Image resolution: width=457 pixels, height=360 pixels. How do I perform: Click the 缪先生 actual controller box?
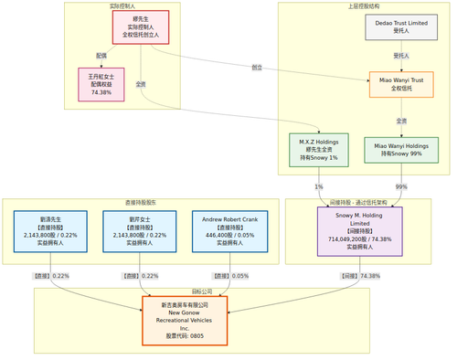(140, 27)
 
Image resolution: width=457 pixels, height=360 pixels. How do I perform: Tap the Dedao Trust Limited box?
(401, 27)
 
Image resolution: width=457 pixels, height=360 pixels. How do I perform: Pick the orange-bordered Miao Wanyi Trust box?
(401, 85)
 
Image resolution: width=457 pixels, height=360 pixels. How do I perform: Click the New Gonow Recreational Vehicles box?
(185, 320)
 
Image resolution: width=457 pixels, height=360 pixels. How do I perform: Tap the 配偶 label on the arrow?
(101, 56)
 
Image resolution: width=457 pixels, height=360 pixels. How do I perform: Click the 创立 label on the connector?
(258, 68)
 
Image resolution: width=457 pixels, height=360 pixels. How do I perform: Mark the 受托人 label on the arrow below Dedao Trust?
(401, 56)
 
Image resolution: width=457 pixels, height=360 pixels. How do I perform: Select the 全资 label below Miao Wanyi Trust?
(401, 121)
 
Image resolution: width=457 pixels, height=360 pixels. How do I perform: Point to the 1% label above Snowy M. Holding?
(320, 187)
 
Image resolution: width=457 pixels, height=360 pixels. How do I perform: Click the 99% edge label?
(401, 187)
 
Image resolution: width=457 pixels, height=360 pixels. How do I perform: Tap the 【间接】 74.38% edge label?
(360, 275)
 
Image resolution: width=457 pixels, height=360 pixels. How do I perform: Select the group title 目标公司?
(185, 291)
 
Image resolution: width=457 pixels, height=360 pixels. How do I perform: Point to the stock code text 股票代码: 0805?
(185, 336)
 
